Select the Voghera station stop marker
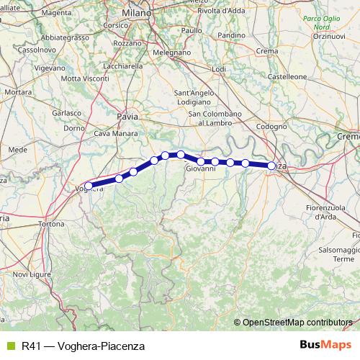[x=89, y=186]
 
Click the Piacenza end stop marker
[x=272, y=166]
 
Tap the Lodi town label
[x=219, y=68]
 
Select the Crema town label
[x=267, y=51]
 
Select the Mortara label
[x=18, y=93]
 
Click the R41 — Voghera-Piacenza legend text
[x=84, y=346]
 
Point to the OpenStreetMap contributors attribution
[x=297, y=323]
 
